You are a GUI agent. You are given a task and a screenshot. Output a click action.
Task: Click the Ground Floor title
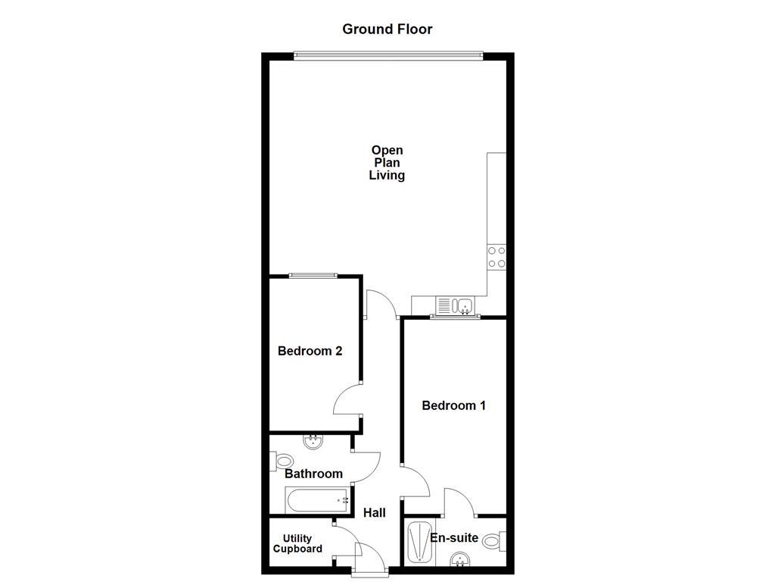[387, 30]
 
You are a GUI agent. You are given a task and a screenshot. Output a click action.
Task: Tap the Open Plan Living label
[387, 163]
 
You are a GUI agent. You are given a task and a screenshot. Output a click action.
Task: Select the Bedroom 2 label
[310, 351]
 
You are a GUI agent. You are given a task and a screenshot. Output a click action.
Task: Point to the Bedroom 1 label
[453, 405]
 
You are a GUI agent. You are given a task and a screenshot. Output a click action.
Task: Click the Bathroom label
[313, 474]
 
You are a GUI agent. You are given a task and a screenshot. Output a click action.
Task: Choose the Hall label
[374, 513]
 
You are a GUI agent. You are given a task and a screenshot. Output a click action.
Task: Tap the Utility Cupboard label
[297, 544]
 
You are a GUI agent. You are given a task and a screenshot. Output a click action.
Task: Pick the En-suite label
[454, 538]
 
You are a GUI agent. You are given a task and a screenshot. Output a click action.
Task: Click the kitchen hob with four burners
[496, 257]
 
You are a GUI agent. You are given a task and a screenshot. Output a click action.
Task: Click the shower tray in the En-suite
[419, 542]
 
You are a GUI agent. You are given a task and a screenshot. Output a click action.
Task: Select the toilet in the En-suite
[493, 541]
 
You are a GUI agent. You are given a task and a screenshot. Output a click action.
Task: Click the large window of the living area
[387, 55]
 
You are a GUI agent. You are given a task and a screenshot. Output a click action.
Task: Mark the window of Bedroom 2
[313, 276]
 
